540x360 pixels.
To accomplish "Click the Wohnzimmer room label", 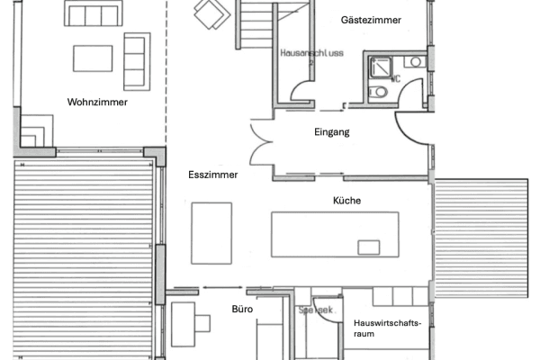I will pos(97,103).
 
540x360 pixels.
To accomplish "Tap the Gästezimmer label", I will pos(372,19).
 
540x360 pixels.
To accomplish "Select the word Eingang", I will pos(332,132).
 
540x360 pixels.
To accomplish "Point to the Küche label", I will pos(346,201).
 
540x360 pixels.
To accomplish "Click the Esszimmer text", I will pos(212,175).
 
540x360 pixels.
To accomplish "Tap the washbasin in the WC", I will pos(412,62).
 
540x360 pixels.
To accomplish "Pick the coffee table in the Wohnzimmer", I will pos(93,58).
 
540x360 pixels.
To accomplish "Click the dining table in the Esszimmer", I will pos(211,231).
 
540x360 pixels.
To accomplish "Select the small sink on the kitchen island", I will pos(369,247).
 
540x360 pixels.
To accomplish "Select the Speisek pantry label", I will pos(315,310).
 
